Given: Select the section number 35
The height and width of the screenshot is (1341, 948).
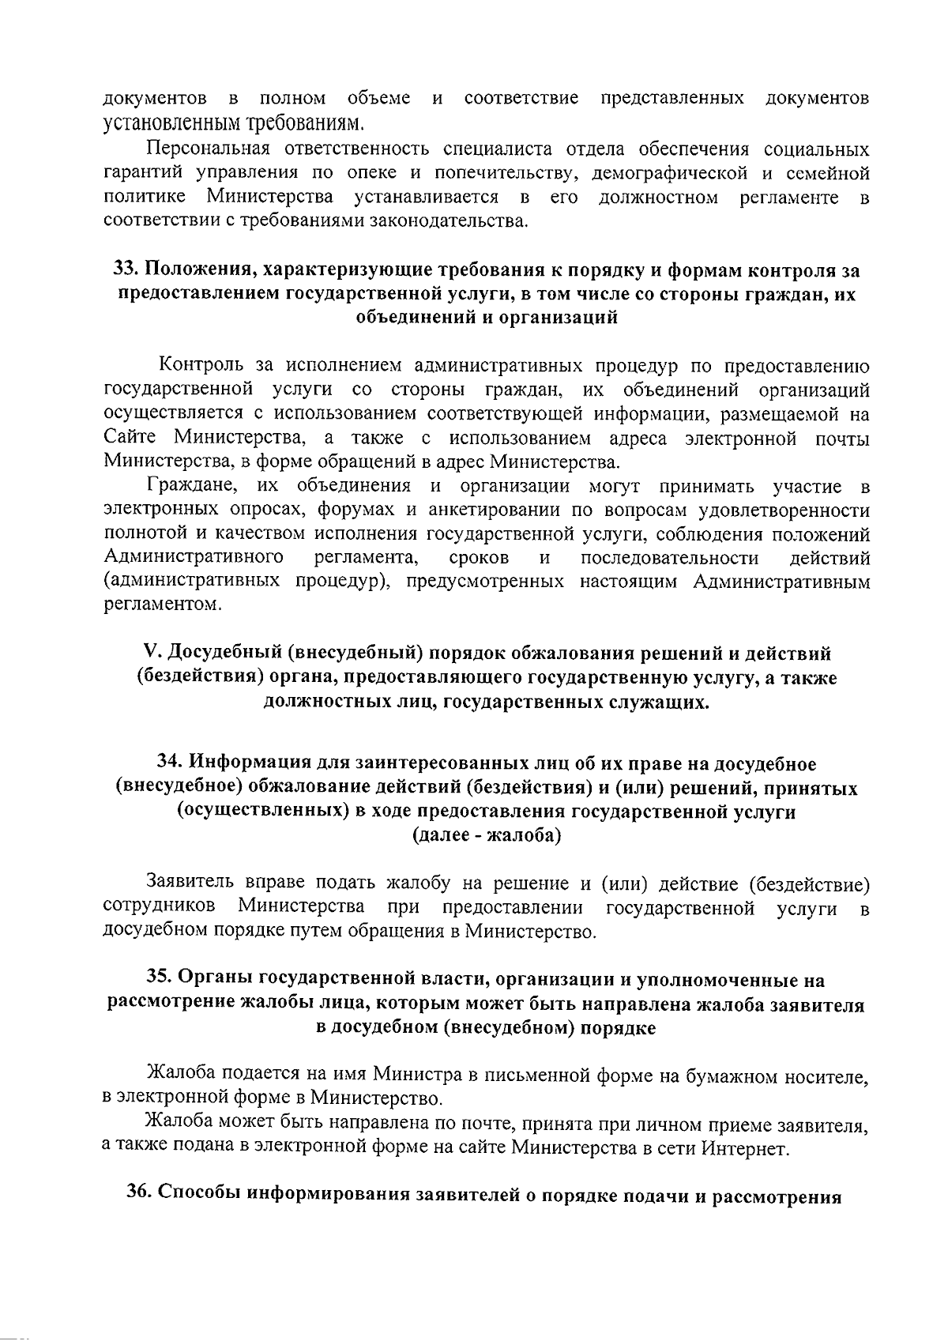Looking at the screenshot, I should pyautogui.click(x=159, y=980).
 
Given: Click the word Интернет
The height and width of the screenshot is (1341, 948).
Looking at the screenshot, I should pyautogui.click(x=744, y=1148).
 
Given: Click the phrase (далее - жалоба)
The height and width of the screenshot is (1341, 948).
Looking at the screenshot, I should pyautogui.click(x=486, y=835).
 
